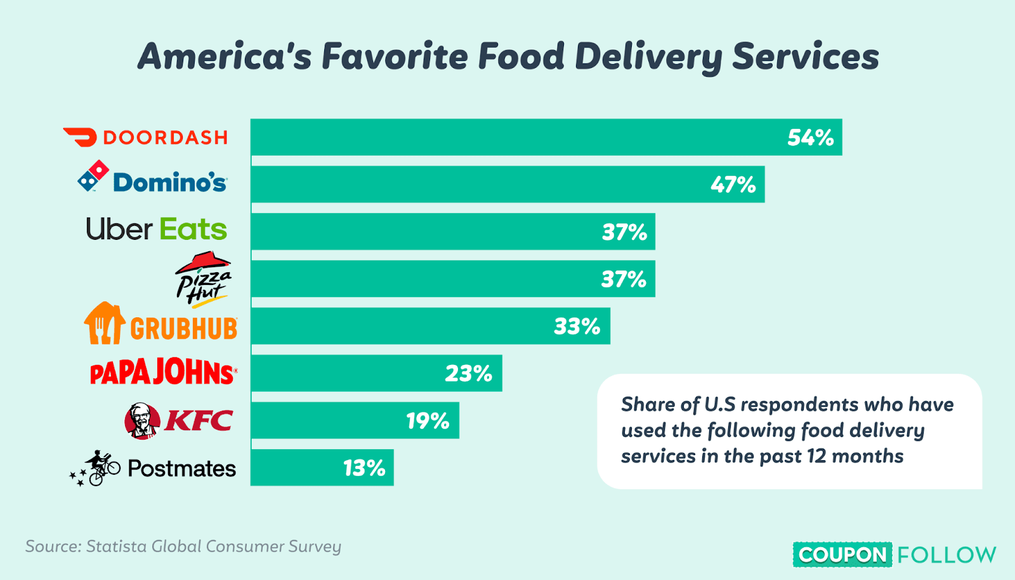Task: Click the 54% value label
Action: point(810,138)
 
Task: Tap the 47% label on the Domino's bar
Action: point(733,185)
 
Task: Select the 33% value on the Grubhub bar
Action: point(577,326)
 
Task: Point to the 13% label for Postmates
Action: point(364,468)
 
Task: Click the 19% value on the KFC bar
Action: point(428,421)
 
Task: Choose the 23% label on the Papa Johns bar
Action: point(468,374)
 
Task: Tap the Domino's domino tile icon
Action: point(93,176)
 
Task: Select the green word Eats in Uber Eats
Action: point(193,230)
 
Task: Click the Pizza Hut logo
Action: point(204,279)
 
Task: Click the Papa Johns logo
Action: point(164,372)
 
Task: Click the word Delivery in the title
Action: point(648,57)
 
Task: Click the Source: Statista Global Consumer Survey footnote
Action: point(183,546)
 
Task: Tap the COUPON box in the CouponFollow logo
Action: point(842,555)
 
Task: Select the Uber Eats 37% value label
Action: point(624,232)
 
